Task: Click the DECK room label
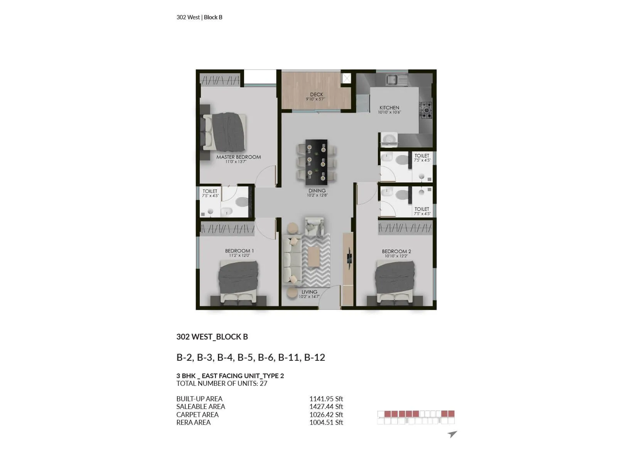click(x=317, y=95)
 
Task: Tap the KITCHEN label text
click(x=389, y=108)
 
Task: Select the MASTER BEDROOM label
click(x=238, y=157)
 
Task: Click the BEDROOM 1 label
click(x=239, y=251)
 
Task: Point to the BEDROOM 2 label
click(x=396, y=252)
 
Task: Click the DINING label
click(x=317, y=191)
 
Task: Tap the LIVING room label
click(x=309, y=292)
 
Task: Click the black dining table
click(x=316, y=162)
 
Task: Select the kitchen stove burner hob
click(x=426, y=110)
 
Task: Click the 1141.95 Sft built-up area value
click(x=326, y=399)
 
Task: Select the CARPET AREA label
click(x=197, y=415)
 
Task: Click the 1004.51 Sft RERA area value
click(x=326, y=422)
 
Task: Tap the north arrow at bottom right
click(x=452, y=434)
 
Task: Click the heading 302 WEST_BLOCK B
click(x=212, y=337)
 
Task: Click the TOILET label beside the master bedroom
click(x=210, y=191)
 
